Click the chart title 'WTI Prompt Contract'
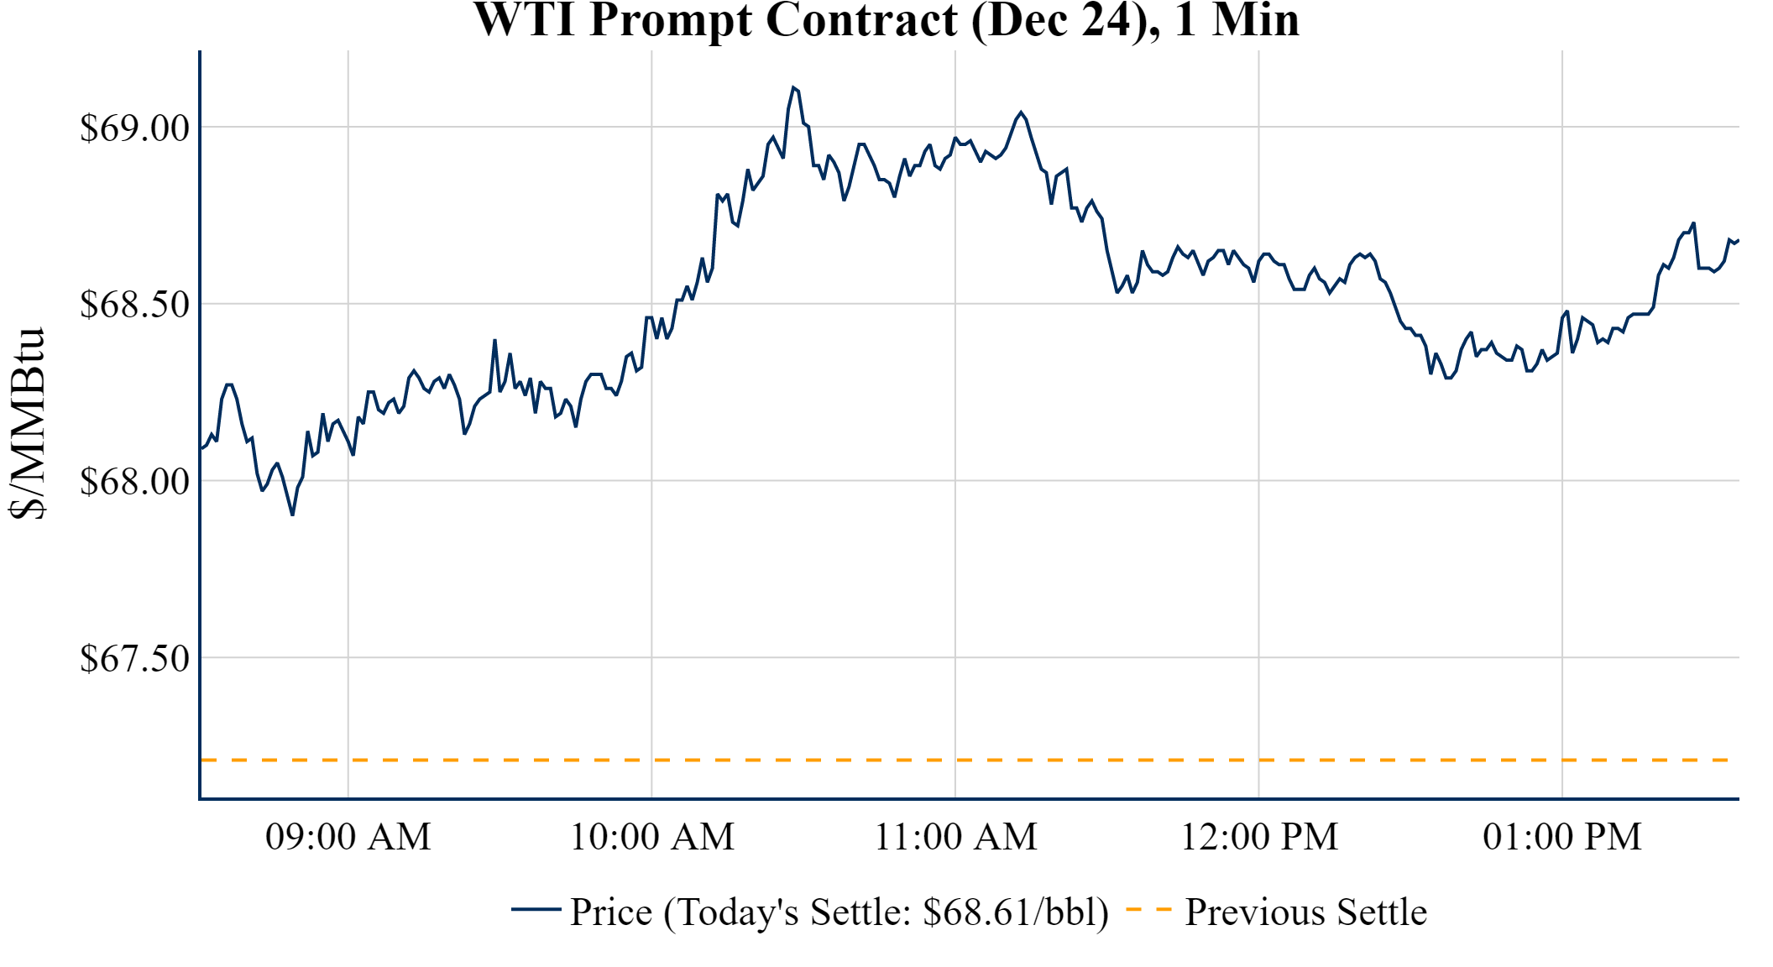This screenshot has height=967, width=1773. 715,20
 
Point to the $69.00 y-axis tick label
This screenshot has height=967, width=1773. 134,128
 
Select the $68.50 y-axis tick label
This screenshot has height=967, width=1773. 134,305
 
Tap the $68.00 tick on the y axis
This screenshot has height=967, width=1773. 134,482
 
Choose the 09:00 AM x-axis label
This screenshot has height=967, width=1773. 348,837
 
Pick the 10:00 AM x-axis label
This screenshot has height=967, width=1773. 652,837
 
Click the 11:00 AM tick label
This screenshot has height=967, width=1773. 956,837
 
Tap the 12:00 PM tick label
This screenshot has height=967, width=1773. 1259,837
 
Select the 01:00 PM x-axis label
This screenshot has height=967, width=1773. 1562,837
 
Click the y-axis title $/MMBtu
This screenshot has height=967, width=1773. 27,424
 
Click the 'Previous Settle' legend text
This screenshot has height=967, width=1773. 1305,912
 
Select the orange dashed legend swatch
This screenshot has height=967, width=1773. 1148,910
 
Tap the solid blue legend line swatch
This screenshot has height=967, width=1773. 536,910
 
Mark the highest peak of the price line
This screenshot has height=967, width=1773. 792,87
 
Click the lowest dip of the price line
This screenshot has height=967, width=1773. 292,514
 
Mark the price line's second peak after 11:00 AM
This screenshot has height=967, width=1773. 1021,112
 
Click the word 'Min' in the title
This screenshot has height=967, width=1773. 1255,20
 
